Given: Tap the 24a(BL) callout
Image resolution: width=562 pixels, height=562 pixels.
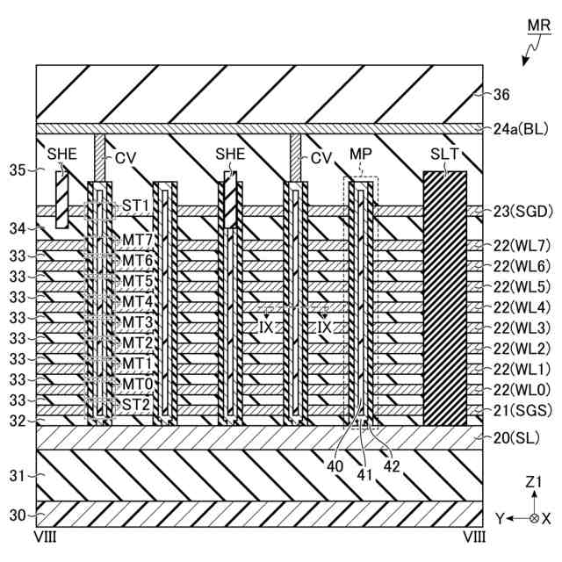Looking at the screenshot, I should (522, 129).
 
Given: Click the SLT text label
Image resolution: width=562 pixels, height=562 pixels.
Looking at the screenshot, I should (443, 155).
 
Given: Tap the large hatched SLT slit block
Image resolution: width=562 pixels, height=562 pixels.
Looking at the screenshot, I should (445, 299).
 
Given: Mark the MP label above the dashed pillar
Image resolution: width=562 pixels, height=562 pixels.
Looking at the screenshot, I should (361, 155).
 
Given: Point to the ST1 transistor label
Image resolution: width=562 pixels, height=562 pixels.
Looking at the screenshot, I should (135, 204).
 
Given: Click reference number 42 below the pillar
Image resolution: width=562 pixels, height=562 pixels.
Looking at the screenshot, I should (392, 467).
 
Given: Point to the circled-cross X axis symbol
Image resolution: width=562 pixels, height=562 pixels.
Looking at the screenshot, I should (534, 518).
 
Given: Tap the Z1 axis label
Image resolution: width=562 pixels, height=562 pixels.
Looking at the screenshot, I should (533, 482).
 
